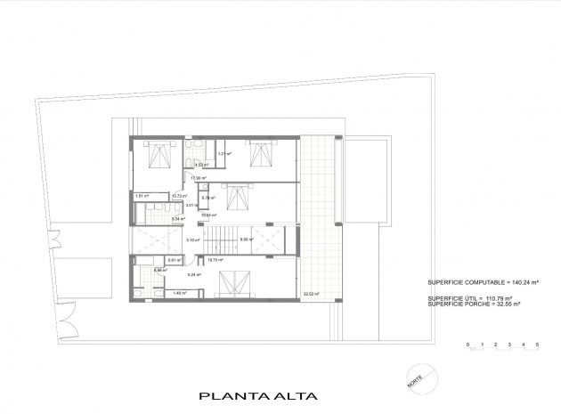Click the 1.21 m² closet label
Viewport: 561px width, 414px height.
click(x=224, y=155)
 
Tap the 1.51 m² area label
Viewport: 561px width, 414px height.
click(x=142, y=195)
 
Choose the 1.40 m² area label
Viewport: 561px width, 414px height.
click(x=179, y=293)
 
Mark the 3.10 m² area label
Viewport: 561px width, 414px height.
click(x=191, y=239)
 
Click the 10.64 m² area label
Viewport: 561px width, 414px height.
click(x=207, y=215)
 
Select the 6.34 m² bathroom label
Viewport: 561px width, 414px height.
click(x=152, y=218)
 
